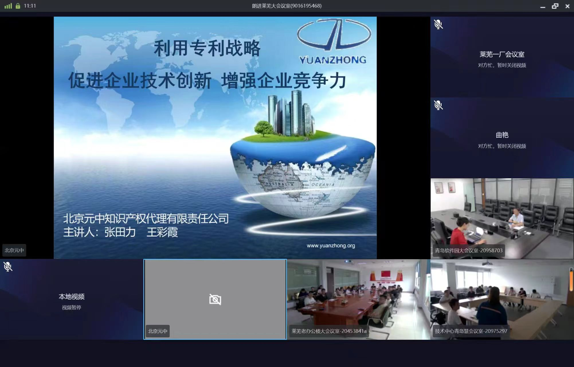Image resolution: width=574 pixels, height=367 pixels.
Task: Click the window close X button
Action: (x=567, y=6)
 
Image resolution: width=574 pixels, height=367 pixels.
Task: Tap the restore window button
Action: (x=555, y=6)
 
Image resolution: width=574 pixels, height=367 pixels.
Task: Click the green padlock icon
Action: (x=18, y=6)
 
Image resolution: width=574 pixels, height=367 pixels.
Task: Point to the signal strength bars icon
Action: (x=8, y=6)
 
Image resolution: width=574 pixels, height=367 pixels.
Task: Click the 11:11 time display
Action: (x=30, y=6)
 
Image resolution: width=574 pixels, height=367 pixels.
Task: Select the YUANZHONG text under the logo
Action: (x=332, y=60)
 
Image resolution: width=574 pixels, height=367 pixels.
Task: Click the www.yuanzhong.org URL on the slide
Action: (x=331, y=245)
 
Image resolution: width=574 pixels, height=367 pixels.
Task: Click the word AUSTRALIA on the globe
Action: (x=279, y=184)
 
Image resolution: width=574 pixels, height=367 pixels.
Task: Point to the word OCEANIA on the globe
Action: (x=323, y=185)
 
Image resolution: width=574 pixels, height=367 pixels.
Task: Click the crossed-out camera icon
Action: (x=215, y=299)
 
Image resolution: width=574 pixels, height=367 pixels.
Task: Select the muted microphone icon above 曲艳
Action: (x=438, y=105)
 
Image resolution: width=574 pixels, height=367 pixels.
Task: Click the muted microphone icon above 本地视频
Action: (x=8, y=267)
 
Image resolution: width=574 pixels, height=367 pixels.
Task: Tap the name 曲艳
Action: (x=502, y=135)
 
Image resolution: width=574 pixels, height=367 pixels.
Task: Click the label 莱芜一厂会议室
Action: (x=502, y=54)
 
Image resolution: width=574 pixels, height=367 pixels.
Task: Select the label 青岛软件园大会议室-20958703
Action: (x=469, y=250)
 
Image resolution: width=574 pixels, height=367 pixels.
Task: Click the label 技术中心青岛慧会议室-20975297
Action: (x=471, y=331)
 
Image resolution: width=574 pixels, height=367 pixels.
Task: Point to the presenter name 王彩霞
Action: (x=162, y=232)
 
